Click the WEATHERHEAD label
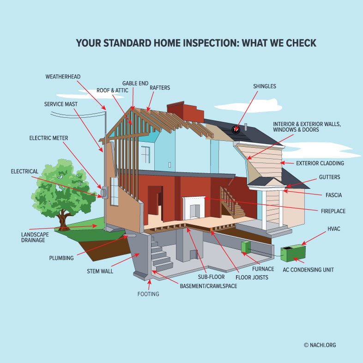pos(63,77)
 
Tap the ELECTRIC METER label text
pos(48,138)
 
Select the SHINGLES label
pos(265,86)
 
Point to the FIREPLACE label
pos(333,211)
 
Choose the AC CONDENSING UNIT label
pos(308,270)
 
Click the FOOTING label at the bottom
pos(148,294)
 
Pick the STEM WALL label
pos(100,271)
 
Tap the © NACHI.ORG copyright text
pos(320,345)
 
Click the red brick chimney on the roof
pos(185,112)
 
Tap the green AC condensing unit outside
pos(293,254)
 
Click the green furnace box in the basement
pos(246,247)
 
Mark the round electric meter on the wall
pos(104,193)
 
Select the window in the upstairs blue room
pos(145,155)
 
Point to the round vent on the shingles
pos(236,130)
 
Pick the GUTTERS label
pos(329,177)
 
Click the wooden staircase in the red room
pos(232,202)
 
